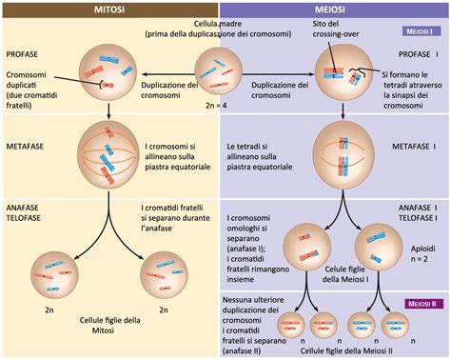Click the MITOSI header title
tap(111, 9)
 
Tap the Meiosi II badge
tap(417, 303)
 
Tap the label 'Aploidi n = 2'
tap(421, 250)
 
